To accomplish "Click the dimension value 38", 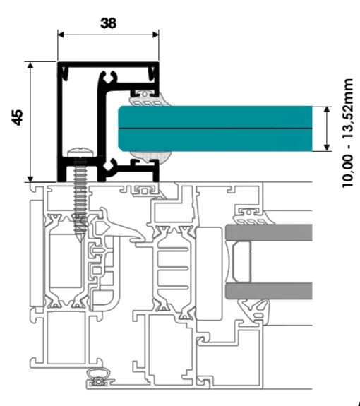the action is tap(108, 23).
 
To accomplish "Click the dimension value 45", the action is tap(17, 117).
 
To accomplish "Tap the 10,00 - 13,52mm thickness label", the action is tap(347, 133).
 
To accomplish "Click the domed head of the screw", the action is tap(80, 152).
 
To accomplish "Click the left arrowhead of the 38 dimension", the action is tap(61, 35).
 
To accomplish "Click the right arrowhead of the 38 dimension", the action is tap(156, 35).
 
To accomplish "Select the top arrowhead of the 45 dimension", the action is tap(30, 65).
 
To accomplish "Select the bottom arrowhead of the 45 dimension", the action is tap(30, 179).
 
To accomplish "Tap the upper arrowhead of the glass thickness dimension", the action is tap(327, 109).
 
